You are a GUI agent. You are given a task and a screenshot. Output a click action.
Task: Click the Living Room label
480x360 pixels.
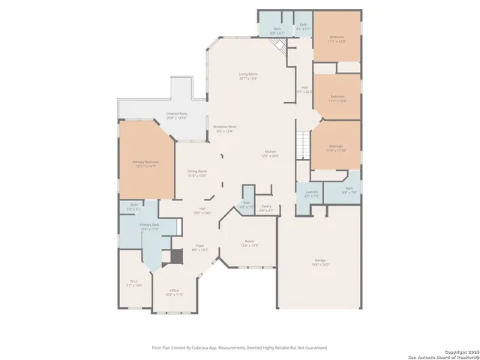[248, 75]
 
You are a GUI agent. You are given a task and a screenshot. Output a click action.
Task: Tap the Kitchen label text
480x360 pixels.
[269, 154]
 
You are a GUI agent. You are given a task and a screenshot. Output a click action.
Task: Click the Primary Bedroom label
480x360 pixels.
[145, 163]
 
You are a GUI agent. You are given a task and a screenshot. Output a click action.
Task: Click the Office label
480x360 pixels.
[174, 292]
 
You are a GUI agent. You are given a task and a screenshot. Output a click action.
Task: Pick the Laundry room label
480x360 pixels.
[311, 194]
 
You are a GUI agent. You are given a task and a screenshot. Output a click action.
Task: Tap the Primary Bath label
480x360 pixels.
[149, 226]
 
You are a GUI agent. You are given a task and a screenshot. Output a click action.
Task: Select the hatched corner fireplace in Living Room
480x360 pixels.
[279, 46]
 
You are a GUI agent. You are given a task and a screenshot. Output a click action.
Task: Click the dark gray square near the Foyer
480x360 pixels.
[176, 256]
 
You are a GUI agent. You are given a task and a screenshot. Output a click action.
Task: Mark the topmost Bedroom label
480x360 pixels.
[337, 39]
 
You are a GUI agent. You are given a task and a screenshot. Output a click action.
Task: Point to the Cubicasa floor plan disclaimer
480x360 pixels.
[239, 348]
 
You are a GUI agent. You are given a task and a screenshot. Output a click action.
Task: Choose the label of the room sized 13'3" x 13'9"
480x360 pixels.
[249, 243]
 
